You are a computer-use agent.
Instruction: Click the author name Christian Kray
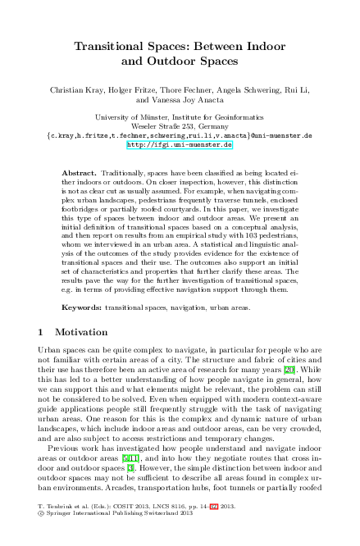point(75,85)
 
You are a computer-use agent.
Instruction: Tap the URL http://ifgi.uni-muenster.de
point(180,144)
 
